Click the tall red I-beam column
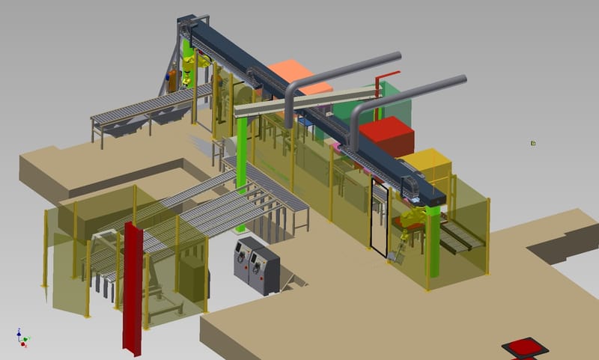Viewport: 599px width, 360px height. (133, 284)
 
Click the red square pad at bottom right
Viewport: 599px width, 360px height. (525, 347)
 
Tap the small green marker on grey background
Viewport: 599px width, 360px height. (533, 143)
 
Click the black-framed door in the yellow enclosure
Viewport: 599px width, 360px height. (379, 221)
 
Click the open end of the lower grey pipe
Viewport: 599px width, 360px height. (463, 79)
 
